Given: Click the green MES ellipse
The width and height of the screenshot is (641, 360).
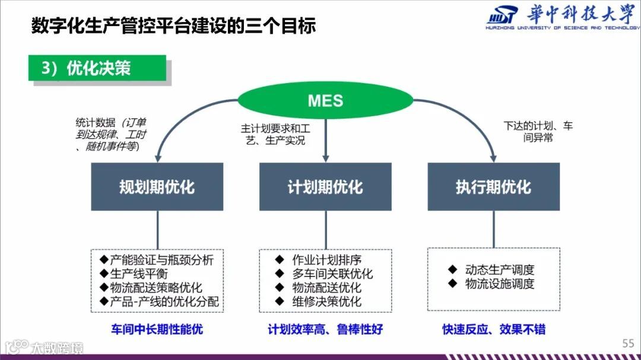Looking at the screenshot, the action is pos(325,100).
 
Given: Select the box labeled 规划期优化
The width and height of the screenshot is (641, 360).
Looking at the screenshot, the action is pos(157,187).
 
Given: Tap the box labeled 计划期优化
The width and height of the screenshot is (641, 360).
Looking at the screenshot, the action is pos(325,187).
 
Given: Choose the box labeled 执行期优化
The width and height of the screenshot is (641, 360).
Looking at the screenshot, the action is pos(493,187).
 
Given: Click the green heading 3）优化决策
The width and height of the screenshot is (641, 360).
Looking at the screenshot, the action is pos(97,68).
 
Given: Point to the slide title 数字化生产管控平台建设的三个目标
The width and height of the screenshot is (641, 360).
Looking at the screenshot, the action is pos(173,26).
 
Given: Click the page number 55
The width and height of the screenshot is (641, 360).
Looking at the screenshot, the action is pos(628,343).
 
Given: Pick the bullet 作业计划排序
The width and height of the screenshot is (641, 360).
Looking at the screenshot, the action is pos(326,260).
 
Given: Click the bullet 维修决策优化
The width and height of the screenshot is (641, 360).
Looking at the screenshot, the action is pos(326,301).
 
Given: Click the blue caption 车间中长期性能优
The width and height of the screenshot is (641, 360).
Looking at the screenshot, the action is pos(157,329).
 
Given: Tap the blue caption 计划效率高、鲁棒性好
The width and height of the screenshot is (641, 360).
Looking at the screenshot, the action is pos(325,329).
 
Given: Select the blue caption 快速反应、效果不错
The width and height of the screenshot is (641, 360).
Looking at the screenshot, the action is pos(494,329).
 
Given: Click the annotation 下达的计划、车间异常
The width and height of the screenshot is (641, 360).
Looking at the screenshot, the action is pos(538,132).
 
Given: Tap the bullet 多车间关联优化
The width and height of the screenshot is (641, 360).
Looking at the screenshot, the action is pos(332,274).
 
